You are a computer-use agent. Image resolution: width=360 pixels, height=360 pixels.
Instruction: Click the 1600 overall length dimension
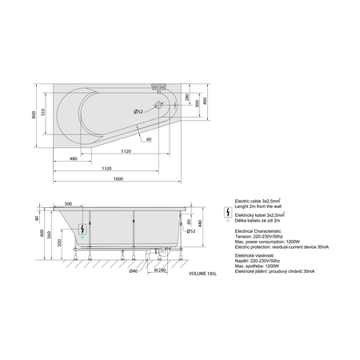[117, 177]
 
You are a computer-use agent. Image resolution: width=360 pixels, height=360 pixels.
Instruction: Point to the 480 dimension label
[74, 159]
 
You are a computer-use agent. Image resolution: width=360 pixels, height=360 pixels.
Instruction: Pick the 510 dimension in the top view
[44, 112]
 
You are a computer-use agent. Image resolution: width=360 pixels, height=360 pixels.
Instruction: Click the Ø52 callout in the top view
[138, 110]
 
